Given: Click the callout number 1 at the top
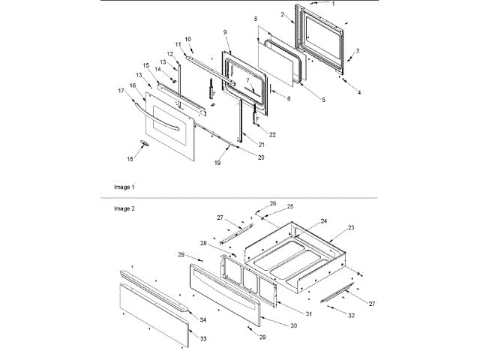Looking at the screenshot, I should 354,4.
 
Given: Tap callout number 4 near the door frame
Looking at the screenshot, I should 358,92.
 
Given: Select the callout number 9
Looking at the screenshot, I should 224,31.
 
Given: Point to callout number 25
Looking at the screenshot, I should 290,205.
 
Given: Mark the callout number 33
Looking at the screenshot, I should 204,338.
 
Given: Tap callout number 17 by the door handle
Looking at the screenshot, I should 121,91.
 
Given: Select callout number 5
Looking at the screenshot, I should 323,100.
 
